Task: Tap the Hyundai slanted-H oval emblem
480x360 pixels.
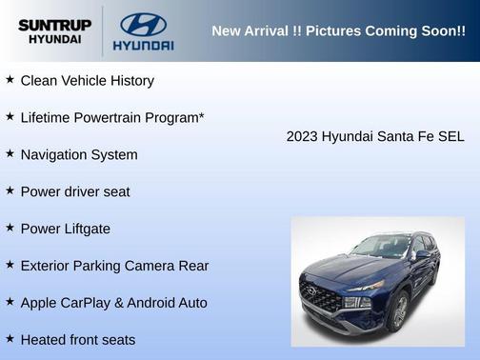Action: (x=143, y=24)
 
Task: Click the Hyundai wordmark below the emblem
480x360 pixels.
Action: (x=143, y=45)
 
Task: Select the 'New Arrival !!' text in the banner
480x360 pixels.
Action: (x=252, y=30)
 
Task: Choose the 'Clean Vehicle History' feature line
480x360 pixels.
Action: (x=87, y=81)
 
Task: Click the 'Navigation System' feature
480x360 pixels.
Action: (x=79, y=155)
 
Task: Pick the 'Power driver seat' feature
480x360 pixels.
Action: (x=75, y=191)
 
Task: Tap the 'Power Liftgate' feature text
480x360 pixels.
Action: (x=65, y=229)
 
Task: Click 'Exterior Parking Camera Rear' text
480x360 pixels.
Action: (x=114, y=266)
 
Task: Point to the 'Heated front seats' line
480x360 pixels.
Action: (x=78, y=340)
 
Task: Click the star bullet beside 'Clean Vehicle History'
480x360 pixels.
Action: (x=10, y=80)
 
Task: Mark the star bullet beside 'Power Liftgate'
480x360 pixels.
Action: (x=10, y=228)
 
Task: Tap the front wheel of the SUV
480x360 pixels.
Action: (x=399, y=310)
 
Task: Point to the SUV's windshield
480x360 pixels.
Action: (x=383, y=247)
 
